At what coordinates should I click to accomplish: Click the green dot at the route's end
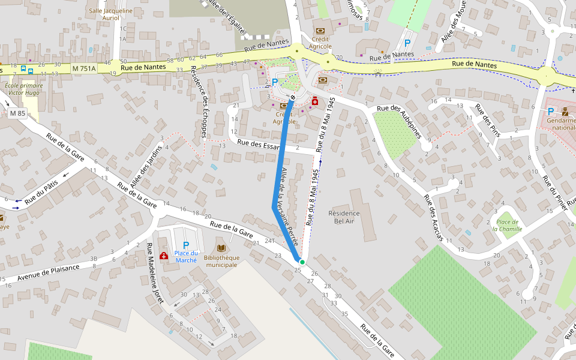pos(302,262)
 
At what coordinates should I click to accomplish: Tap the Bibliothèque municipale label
pos(221,261)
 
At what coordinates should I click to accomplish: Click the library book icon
pos(221,248)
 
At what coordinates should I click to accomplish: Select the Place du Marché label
pos(186,256)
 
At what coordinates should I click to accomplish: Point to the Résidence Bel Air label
pos(344,217)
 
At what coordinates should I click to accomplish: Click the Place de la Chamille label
pos(508,225)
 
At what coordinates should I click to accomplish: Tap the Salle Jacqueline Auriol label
pos(110,14)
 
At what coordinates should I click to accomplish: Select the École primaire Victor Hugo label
pos(23,89)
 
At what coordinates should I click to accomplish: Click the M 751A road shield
pos(84,68)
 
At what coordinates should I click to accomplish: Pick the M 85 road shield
pos(17,113)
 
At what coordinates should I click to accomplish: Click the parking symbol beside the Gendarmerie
pos(550,111)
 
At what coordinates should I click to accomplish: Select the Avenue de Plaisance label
pos(49,272)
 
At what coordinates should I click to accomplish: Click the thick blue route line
pos(279,174)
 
